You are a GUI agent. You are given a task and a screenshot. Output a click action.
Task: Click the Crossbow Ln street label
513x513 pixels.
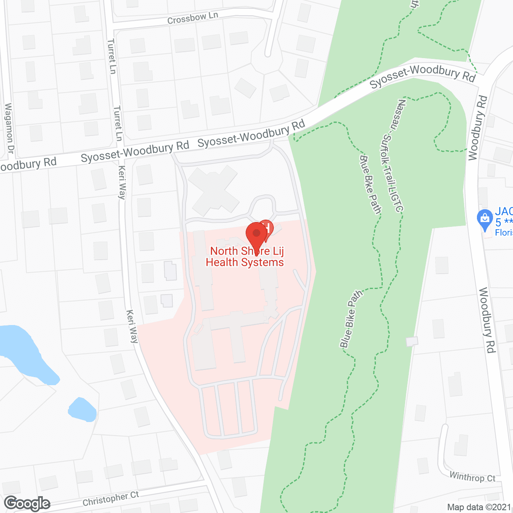(x=192, y=18)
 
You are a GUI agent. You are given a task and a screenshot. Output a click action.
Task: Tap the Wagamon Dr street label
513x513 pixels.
(x=9, y=128)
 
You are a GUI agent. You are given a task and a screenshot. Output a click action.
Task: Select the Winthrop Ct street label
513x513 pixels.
(x=472, y=477)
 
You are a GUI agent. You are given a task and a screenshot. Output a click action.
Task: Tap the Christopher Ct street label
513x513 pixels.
(x=111, y=499)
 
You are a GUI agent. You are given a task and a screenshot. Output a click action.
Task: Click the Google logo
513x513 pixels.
(x=27, y=503)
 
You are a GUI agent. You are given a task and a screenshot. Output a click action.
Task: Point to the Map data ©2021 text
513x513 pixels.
(x=479, y=507)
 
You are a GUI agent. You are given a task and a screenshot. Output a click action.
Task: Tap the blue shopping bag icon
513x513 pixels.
(x=485, y=219)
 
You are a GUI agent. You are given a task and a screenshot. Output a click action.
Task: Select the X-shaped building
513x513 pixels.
(x=213, y=190)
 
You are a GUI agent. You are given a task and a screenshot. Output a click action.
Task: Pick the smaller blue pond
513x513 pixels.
(x=82, y=410)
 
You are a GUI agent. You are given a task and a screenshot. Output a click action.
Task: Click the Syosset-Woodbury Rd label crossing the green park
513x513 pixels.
(x=422, y=76)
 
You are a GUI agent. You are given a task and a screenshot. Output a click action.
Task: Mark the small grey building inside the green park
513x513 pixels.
(x=412, y=341)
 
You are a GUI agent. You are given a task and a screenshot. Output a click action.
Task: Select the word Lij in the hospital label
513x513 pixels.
(x=278, y=251)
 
